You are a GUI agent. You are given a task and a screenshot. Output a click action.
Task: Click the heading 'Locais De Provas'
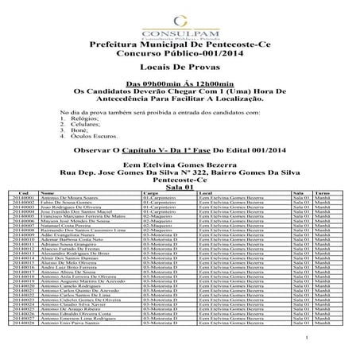(180, 69)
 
